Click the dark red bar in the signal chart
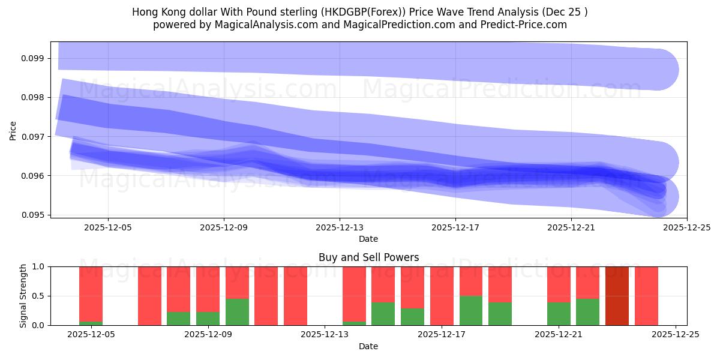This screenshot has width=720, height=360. coord(617,296)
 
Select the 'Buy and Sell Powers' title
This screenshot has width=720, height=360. coord(368,257)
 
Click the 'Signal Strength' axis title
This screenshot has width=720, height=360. coord(23,296)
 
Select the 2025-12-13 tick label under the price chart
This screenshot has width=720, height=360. coord(340,227)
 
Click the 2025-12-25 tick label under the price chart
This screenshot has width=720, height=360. coord(686,227)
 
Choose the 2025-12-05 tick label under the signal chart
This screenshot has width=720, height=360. coord(91,335)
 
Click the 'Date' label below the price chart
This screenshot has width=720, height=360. coord(368,239)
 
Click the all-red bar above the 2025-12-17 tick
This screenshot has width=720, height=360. coord(442,296)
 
